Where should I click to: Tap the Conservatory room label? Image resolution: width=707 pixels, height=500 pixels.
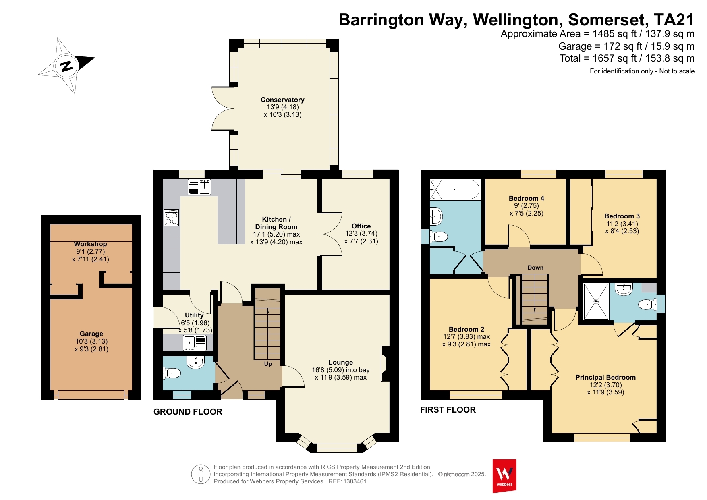pyautogui.click(x=282, y=100)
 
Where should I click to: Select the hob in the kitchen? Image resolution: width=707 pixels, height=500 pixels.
pyautogui.click(x=171, y=218)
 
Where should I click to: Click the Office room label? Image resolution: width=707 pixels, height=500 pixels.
pyautogui.click(x=361, y=226)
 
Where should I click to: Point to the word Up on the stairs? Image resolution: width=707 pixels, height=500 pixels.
pyautogui.click(x=268, y=364)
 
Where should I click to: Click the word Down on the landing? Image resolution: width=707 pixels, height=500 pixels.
pyautogui.click(x=535, y=268)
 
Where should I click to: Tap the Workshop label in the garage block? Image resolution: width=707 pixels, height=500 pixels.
pyautogui.click(x=90, y=244)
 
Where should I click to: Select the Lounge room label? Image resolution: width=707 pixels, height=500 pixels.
pyautogui.click(x=340, y=362)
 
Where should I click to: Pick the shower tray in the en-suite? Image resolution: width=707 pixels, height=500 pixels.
pyautogui.click(x=596, y=301)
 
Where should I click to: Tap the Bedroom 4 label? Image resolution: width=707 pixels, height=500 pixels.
pyautogui.click(x=526, y=198)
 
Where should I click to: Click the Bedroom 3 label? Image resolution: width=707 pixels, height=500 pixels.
pyautogui.click(x=622, y=216)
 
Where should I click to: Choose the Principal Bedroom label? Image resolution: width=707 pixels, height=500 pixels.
pyautogui.click(x=605, y=377)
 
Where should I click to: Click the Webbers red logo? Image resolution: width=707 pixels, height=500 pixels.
pyautogui.click(x=504, y=476)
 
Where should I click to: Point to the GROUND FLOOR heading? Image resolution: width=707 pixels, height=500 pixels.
pyautogui.click(x=188, y=412)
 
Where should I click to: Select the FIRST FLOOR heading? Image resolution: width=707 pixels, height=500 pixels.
pyautogui.click(x=448, y=410)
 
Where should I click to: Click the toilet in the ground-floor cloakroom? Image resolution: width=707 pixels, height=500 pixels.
pyautogui.click(x=172, y=373)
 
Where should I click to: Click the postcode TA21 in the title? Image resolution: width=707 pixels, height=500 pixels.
pyautogui.click(x=674, y=20)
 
